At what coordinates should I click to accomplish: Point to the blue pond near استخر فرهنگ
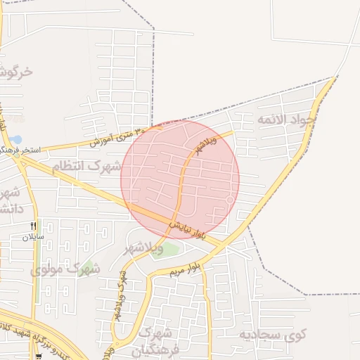(16, 139)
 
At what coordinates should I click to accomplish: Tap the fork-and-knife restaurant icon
(33, 226)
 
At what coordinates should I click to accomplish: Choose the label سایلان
(33, 237)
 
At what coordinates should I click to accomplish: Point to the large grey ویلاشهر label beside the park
(143, 248)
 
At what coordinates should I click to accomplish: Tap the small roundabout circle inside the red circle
(229, 201)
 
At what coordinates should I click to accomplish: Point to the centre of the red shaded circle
(180, 179)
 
